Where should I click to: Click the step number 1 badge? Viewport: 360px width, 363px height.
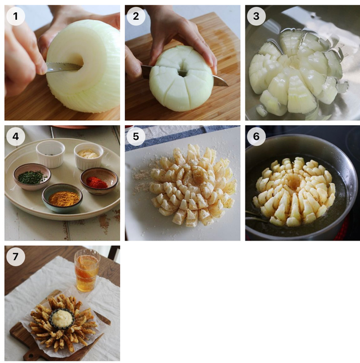pyautogui.click(x=16, y=16)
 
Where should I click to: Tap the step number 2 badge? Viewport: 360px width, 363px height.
pyautogui.click(x=136, y=16)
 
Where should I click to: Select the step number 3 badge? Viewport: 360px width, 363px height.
pyautogui.click(x=256, y=16)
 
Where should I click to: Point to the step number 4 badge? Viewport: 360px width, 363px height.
pyautogui.click(x=16, y=136)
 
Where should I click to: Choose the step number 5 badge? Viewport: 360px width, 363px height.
pyautogui.click(x=136, y=136)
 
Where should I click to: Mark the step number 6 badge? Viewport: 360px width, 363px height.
pyautogui.click(x=256, y=136)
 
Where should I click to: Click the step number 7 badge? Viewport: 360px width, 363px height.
pyautogui.click(x=16, y=256)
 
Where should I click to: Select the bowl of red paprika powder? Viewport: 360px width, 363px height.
pyautogui.click(x=99, y=180)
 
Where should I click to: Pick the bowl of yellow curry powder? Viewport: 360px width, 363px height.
pyautogui.click(x=62, y=198)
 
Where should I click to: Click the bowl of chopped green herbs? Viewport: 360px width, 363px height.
pyautogui.click(x=32, y=176)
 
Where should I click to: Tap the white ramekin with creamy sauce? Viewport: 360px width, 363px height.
pyautogui.click(x=89, y=156)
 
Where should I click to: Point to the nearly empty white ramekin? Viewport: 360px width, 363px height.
pyautogui.click(x=51, y=154)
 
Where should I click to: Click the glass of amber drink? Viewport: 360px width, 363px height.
pyautogui.click(x=86, y=270)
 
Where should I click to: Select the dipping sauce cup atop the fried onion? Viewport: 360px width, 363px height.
pyautogui.click(x=62, y=318)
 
